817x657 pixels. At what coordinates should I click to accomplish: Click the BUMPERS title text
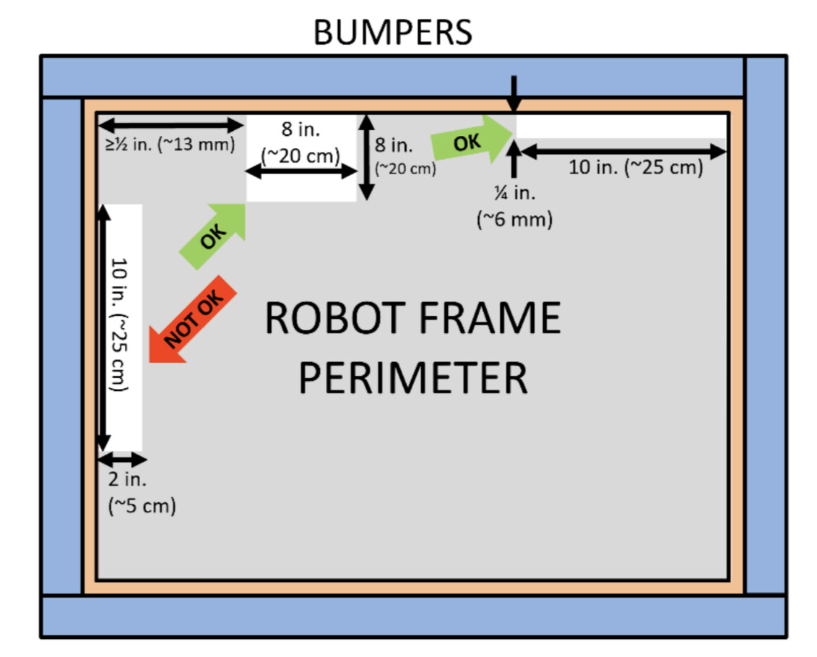point(392,33)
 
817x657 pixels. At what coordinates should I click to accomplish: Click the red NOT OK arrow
point(193,319)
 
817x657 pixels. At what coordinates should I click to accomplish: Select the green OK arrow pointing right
point(472,139)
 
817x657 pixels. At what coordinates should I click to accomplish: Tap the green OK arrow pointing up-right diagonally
point(212,236)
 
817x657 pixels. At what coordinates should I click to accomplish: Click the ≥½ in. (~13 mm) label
point(170,144)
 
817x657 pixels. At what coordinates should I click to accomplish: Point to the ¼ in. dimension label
point(515,193)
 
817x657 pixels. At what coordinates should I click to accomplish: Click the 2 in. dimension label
point(127,479)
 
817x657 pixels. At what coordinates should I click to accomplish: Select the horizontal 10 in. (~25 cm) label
point(636,168)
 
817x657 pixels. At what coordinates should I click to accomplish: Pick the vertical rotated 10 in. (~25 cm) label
point(119,325)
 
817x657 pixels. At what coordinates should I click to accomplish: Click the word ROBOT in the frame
point(336,318)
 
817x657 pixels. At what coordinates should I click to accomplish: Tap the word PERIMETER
point(413,378)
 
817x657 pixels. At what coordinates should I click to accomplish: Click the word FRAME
point(490,318)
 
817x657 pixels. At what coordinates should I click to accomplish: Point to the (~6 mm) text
point(515,219)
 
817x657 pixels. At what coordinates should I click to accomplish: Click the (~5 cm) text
point(142,506)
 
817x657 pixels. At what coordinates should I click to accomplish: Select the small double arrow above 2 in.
point(123,460)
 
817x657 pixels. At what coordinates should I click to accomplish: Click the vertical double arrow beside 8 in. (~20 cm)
point(366,158)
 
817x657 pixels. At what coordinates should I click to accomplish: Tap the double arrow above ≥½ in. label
point(171,125)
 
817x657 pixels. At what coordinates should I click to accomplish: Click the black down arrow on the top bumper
point(514,94)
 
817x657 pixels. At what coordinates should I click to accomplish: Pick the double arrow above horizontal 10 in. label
point(623,152)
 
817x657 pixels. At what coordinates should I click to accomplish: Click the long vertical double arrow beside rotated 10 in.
point(103,327)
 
